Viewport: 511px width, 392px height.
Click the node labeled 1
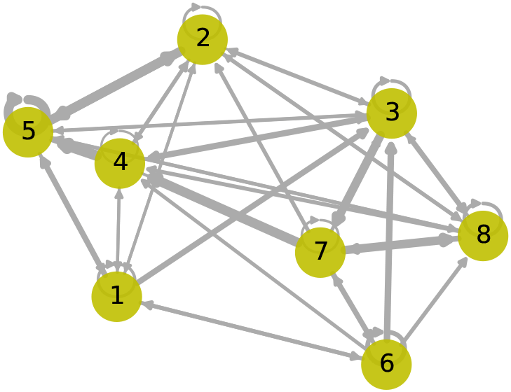[116, 296]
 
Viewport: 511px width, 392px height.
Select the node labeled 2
[202, 39]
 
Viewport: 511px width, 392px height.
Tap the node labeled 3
[391, 113]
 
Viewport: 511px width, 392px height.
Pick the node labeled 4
[120, 163]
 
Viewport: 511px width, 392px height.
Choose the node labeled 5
[28, 132]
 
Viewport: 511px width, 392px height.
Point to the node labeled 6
[386, 364]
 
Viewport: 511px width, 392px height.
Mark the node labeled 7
[320, 251]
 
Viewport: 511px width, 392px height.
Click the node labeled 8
[482, 235]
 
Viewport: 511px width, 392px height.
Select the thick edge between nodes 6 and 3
[389, 238]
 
